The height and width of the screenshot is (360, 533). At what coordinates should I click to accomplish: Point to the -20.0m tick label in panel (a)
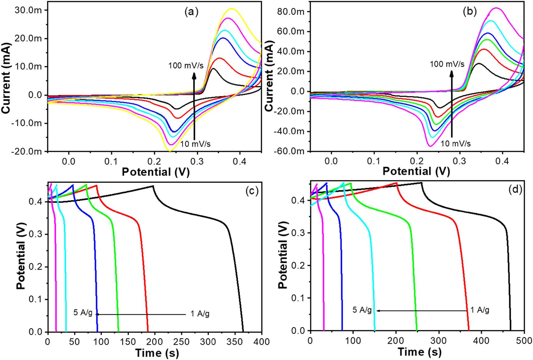coord(27,151)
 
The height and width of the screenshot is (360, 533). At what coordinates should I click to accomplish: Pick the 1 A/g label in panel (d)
coord(480,310)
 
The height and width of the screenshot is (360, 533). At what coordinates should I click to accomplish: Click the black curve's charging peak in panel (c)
coord(153,186)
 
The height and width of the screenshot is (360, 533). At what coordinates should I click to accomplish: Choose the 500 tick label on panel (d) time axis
coord(524,340)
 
